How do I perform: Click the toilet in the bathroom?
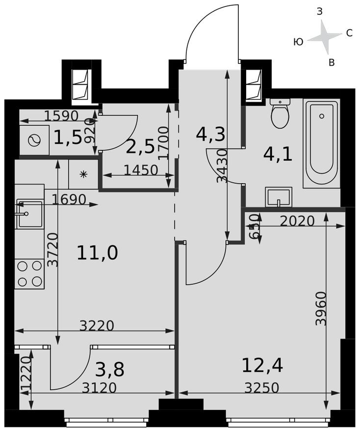280,114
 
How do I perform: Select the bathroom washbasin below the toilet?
278,197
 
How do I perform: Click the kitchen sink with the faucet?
30,214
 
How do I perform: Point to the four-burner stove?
29,273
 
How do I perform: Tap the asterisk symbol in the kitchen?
83,174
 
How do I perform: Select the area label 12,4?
262,365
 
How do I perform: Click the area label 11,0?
97,253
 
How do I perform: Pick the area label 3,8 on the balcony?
109,369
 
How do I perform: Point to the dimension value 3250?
262,388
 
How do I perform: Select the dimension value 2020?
297,221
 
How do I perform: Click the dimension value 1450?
141,170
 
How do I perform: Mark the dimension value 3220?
97,325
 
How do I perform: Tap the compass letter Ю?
298,42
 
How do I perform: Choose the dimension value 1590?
61,116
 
